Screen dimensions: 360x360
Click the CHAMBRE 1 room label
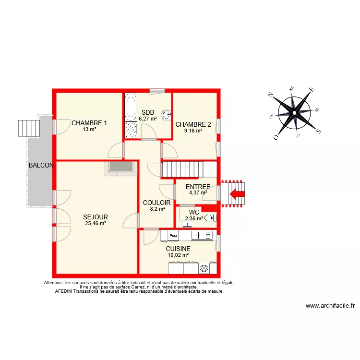[x=89, y=123]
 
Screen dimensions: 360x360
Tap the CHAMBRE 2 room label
[x=193, y=124]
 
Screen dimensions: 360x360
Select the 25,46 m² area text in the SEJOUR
[x=96, y=223]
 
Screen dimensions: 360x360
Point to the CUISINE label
[x=178, y=249]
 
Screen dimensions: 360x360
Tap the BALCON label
[x=41, y=165]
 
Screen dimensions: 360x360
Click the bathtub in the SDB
[x=130, y=107]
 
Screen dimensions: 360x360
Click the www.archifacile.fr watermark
[x=330, y=305]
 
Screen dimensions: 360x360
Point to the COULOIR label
[x=154, y=203]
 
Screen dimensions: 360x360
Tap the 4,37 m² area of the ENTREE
[x=198, y=193]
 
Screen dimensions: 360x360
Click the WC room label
[x=194, y=212]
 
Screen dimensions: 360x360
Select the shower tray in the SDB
[x=131, y=130]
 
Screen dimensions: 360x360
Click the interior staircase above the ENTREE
[x=189, y=169]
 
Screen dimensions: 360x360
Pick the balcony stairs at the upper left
[x=28, y=127]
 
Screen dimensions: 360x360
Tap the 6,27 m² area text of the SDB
[x=148, y=119]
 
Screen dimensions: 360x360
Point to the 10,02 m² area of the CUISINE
[x=178, y=255]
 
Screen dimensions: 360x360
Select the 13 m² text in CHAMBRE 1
[x=89, y=129]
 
